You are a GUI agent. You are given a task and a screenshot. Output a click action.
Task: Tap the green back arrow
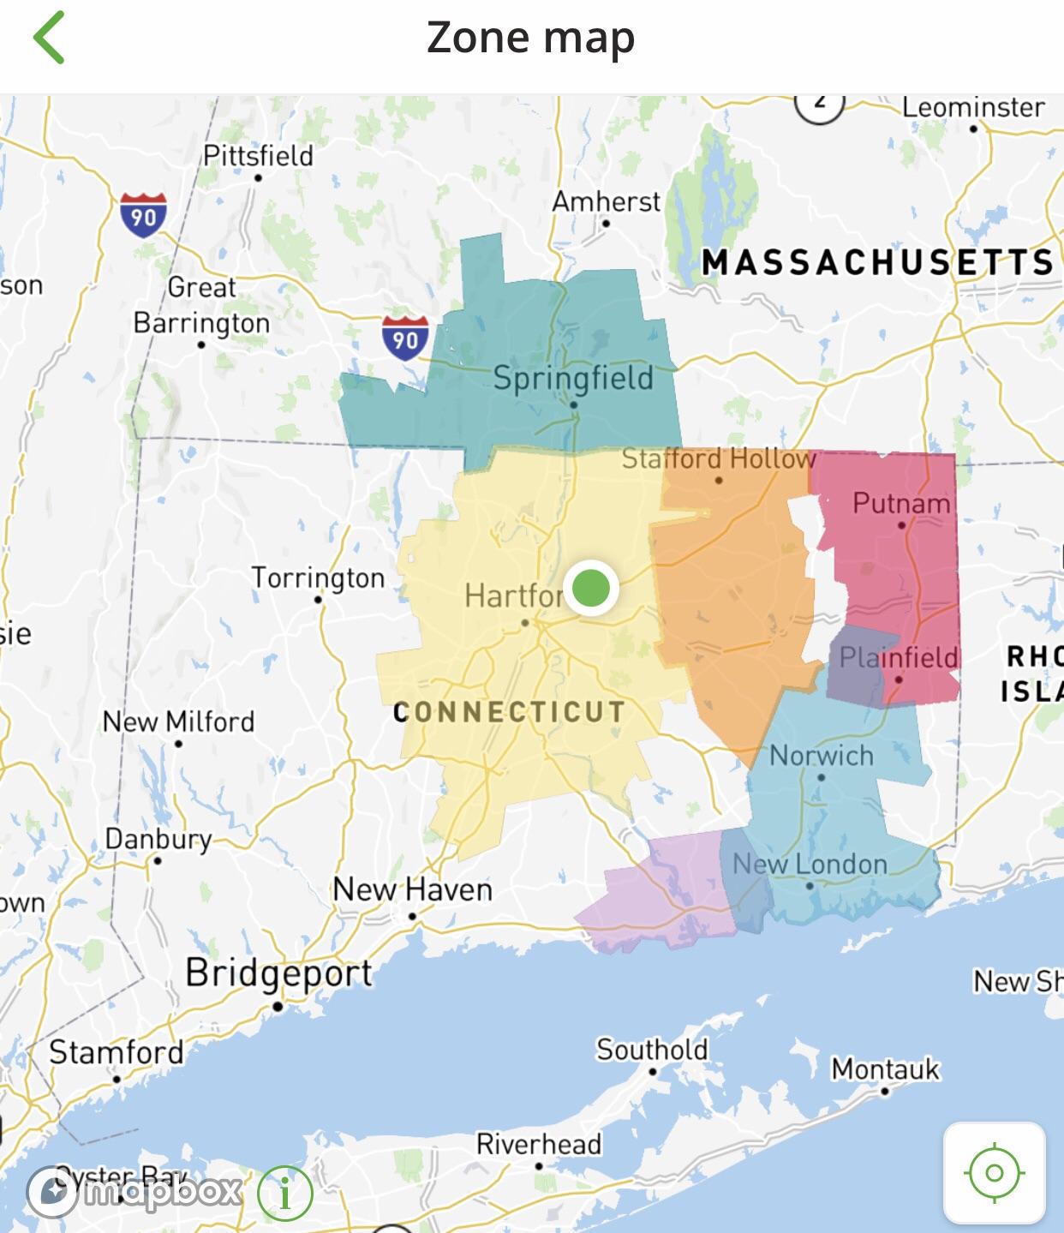point(49,38)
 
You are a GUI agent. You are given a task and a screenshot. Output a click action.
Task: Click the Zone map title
point(530,39)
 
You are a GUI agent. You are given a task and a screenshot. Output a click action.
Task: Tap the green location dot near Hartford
point(590,589)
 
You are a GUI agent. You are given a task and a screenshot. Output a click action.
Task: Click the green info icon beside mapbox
point(284,1192)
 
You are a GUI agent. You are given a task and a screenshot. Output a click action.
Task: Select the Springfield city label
point(572,378)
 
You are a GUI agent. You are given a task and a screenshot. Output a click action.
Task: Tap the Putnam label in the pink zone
point(900,503)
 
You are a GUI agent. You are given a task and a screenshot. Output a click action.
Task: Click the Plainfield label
point(898,657)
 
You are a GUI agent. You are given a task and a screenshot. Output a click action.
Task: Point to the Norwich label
point(821,756)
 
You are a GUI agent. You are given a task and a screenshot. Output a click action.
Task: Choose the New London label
point(810,864)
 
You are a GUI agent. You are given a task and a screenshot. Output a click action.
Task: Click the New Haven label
point(412,889)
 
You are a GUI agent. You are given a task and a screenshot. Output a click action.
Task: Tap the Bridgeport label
point(278,973)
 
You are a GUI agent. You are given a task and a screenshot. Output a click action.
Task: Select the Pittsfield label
point(258,156)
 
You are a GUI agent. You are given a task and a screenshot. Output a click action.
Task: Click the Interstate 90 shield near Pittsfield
point(143,215)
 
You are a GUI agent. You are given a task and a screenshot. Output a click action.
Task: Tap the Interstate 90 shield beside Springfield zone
point(404,338)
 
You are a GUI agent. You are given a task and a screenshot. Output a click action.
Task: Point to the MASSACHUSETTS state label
point(877,262)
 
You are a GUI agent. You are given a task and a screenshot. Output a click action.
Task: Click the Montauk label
point(885,1069)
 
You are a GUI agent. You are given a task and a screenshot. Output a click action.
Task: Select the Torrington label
point(318,578)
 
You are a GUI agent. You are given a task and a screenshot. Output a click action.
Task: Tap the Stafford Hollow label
point(718,459)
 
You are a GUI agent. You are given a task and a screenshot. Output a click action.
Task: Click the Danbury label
point(158,839)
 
